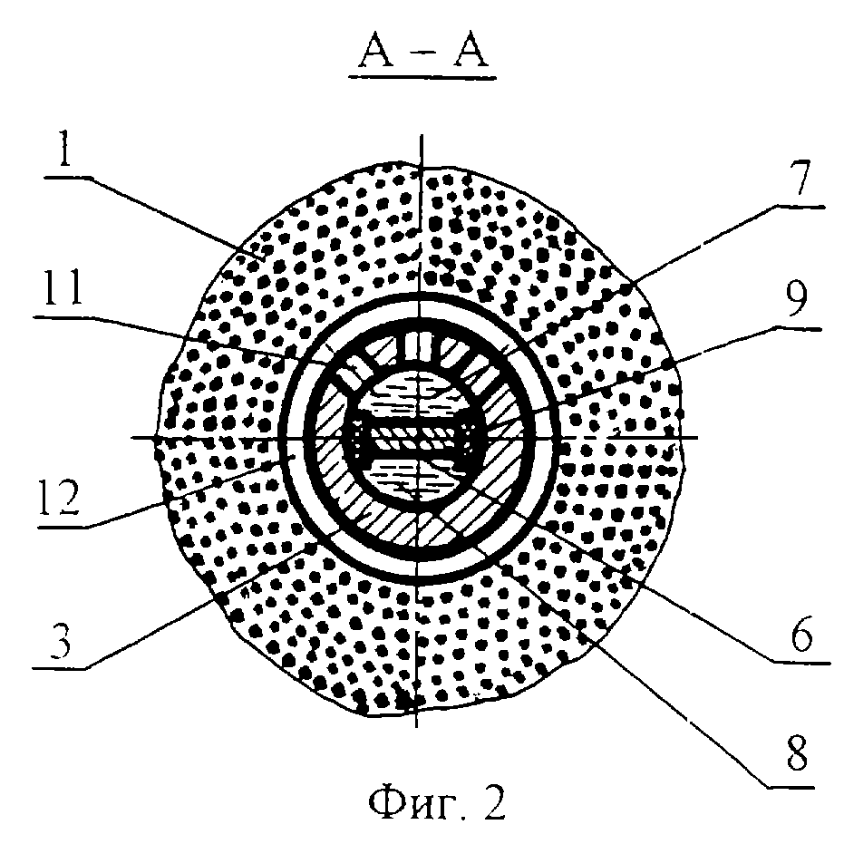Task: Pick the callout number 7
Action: click(801, 177)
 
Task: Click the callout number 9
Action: click(797, 299)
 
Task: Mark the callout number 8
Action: click(797, 752)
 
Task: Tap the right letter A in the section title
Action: click(471, 53)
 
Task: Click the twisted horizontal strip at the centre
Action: click(414, 438)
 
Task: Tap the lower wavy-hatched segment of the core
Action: click(414, 476)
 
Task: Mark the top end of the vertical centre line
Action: click(422, 134)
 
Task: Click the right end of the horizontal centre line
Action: click(698, 438)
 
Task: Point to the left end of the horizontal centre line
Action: click(132, 438)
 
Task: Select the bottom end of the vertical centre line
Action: click(416, 727)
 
